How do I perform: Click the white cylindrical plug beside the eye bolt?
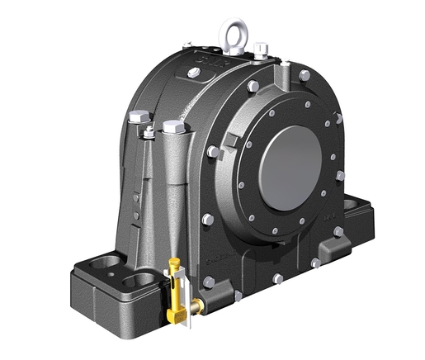(261, 50)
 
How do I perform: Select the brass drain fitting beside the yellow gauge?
(196, 306)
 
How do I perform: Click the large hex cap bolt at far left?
(138, 117)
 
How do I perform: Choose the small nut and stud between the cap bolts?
(149, 130)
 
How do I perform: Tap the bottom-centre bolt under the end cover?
(278, 278)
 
